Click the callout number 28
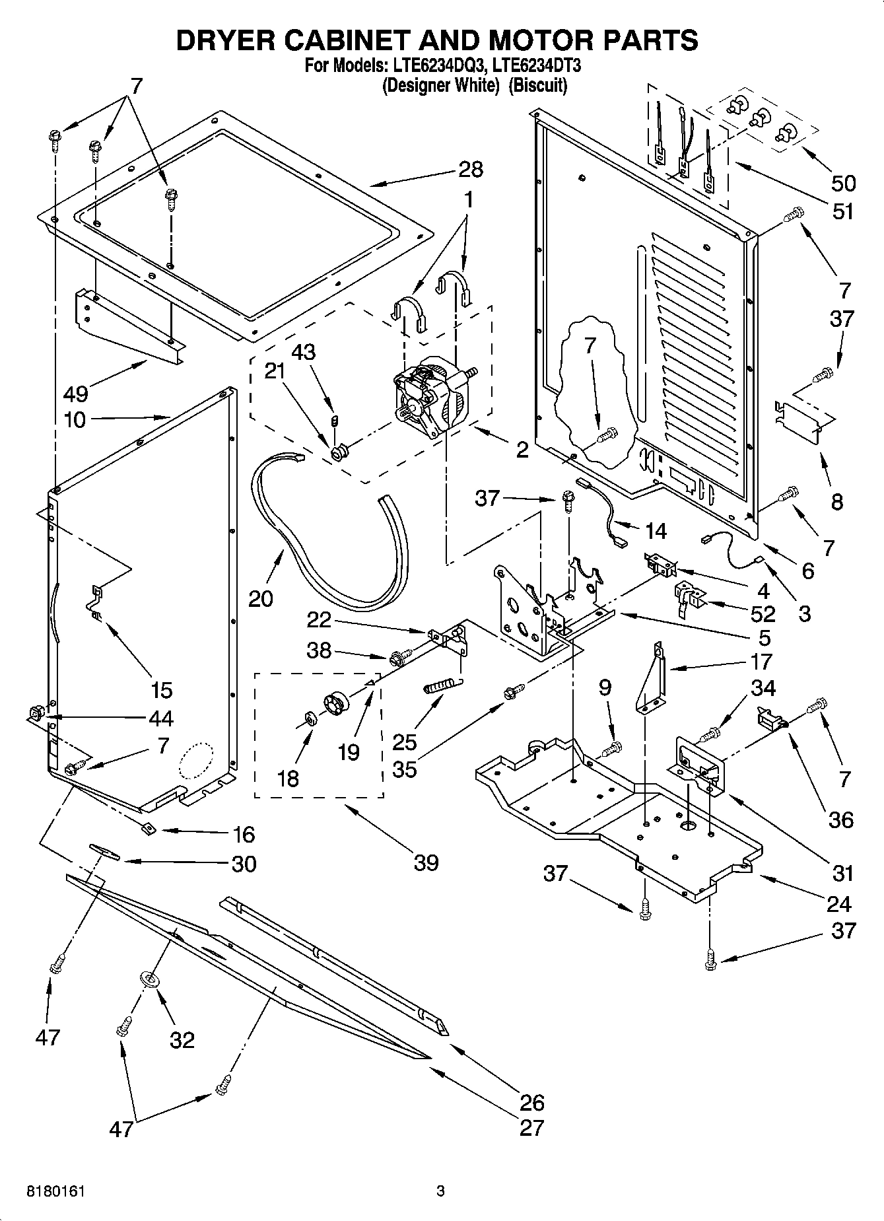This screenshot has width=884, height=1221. point(470,170)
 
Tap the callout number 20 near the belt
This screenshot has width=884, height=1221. point(261,598)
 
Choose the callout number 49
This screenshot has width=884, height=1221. point(76,394)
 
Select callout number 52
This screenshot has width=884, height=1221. point(763,614)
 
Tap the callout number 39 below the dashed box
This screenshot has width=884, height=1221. point(426,862)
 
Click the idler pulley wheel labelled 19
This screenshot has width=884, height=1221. point(338,702)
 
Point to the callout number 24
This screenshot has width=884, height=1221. point(838,903)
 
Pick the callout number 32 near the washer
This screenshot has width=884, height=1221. point(182,1040)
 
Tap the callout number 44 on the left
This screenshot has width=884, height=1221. point(161,718)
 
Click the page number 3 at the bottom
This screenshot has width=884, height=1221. point(441,1191)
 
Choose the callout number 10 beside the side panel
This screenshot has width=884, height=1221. point(76,419)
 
